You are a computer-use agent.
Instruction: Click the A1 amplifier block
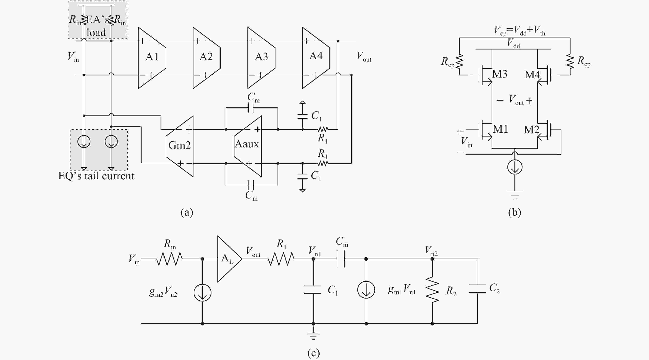[x=152, y=57]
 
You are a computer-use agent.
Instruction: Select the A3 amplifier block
[x=261, y=57]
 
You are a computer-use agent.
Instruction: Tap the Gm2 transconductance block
[x=180, y=146]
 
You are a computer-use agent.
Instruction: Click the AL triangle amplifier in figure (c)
[x=228, y=259]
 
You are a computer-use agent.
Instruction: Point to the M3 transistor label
[x=500, y=74]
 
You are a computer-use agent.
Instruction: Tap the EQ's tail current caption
[x=96, y=176]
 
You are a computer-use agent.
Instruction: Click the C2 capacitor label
[x=494, y=288]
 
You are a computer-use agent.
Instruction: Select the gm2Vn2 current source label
[x=163, y=292]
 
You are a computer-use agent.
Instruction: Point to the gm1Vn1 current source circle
[x=366, y=290]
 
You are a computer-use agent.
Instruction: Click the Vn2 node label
[x=431, y=250]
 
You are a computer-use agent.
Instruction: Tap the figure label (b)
[x=514, y=212]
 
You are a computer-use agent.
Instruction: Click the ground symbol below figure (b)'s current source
[x=514, y=195]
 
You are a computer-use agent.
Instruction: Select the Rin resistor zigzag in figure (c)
[x=169, y=259]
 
